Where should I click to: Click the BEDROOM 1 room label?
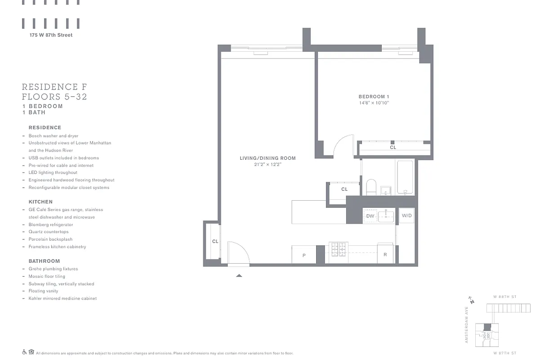tap(373, 97)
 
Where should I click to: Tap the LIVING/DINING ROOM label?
tap(267, 158)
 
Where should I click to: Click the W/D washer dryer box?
tap(406, 216)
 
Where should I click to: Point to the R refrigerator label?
tap(385, 255)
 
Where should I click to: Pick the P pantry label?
tap(304, 255)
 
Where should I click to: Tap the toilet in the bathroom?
tap(371, 187)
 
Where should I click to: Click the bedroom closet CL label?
tap(393, 147)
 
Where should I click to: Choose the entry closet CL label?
tap(215, 242)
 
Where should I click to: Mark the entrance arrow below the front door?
tap(239, 275)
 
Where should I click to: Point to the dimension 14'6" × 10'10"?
tap(373, 103)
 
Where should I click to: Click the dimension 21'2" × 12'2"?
tap(267, 164)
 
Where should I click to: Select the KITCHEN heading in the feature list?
tap(40, 202)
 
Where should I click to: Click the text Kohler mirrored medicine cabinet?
tap(62, 298)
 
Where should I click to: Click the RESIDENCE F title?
tap(54, 87)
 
